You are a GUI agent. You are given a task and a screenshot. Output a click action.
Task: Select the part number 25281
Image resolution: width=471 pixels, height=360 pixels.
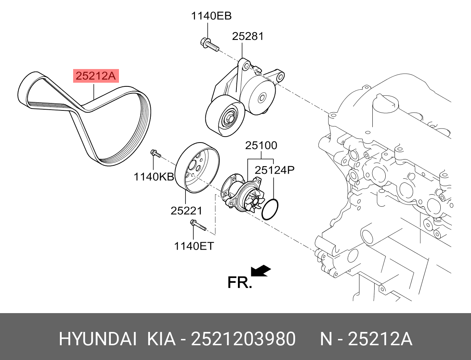tap(248, 36)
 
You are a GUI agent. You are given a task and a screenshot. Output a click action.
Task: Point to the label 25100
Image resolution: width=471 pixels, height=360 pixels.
tap(261, 145)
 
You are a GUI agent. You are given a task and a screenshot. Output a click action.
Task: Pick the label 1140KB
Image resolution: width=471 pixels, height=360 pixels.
tap(153, 177)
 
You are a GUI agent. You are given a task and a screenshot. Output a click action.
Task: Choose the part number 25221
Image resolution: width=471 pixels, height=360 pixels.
tap(186, 210)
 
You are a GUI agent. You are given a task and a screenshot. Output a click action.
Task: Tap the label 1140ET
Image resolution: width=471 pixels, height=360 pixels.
tap(194, 246)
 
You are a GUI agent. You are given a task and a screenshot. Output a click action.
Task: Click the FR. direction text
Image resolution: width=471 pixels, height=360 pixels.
tap(239, 282)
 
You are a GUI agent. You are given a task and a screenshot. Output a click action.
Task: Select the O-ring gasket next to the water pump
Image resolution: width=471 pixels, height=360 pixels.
tap(270, 209)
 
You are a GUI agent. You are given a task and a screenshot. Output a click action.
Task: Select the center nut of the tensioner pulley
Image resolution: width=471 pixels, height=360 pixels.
tap(229, 119)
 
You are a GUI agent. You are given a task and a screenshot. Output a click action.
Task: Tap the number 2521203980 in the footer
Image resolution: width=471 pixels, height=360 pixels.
tap(243, 339)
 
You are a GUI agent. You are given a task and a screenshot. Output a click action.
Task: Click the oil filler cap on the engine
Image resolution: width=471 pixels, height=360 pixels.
tap(386, 106)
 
